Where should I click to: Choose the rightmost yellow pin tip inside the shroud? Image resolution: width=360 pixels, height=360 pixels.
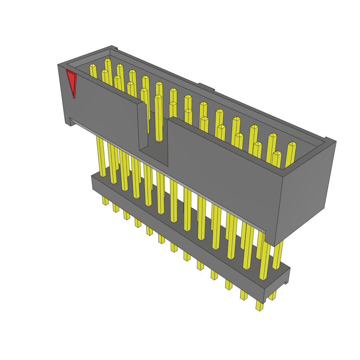292,144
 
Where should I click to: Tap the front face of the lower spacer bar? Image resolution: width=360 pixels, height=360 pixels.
176,229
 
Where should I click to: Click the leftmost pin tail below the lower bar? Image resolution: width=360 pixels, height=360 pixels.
105,201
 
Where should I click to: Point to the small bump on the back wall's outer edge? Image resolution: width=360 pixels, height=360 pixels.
206,86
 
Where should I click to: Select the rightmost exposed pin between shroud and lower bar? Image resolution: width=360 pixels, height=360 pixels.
277,255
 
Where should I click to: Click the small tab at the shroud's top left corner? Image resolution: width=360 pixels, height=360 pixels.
114,47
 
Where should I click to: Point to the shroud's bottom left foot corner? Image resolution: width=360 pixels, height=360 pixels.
68,123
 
